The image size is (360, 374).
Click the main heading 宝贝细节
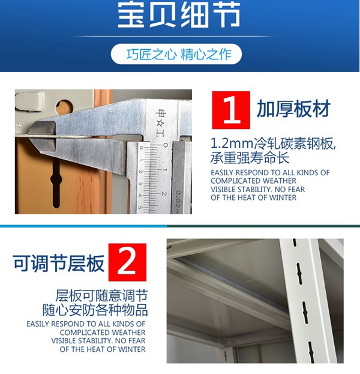point(179,15)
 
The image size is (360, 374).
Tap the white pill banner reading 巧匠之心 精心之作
point(176,54)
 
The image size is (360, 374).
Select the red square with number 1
point(231,110)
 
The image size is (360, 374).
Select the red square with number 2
point(127,262)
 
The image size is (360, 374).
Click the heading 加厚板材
point(294,109)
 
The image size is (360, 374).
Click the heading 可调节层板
point(59,263)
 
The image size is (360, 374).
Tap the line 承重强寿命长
point(250,158)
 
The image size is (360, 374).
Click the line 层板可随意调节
point(101,295)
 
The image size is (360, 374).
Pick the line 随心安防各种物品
point(95,310)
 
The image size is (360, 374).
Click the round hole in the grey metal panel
point(64,107)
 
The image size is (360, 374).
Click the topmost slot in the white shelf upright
point(295,242)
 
